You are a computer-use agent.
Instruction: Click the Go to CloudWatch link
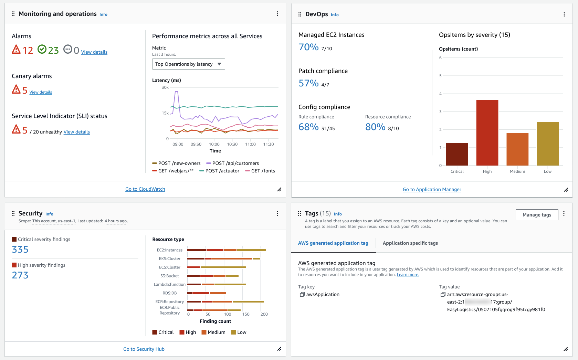tap(145, 189)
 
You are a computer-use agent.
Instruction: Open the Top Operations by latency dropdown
tap(188, 64)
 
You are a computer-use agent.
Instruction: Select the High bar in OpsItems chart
tap(487, 133)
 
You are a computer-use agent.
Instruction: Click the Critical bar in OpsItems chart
tap(457, 154)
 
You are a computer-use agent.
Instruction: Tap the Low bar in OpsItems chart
tap(547, 144)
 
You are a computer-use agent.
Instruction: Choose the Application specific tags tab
tap(410, 243)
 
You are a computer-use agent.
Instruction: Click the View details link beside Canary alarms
tap(41, 92)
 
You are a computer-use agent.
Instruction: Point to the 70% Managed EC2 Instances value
tap(308, 47)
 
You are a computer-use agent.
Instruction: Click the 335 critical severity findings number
tap(20, 250)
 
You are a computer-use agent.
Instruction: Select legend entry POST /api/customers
tap(235, 163)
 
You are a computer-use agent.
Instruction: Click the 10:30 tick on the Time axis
tap(232, 144)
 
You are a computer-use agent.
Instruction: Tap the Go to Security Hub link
tap(144, 349)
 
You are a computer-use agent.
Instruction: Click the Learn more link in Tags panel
tap(408, 275)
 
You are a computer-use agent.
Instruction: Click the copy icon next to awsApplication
tap(302, 294)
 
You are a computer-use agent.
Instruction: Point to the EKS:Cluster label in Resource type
tap(169, 258)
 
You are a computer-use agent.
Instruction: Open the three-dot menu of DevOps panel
tap(564, 14)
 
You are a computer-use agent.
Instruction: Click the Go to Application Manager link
tap(432, 189)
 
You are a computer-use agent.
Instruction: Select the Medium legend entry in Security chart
tap(213, 332)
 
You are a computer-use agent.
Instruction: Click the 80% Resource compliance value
tap(375, 127)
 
